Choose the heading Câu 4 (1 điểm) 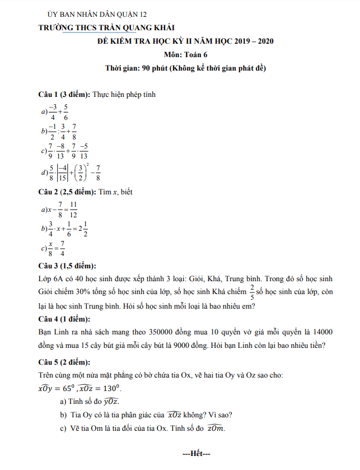pos(62,319)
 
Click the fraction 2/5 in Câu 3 pos(253,291)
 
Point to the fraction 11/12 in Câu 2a pos(73,210)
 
